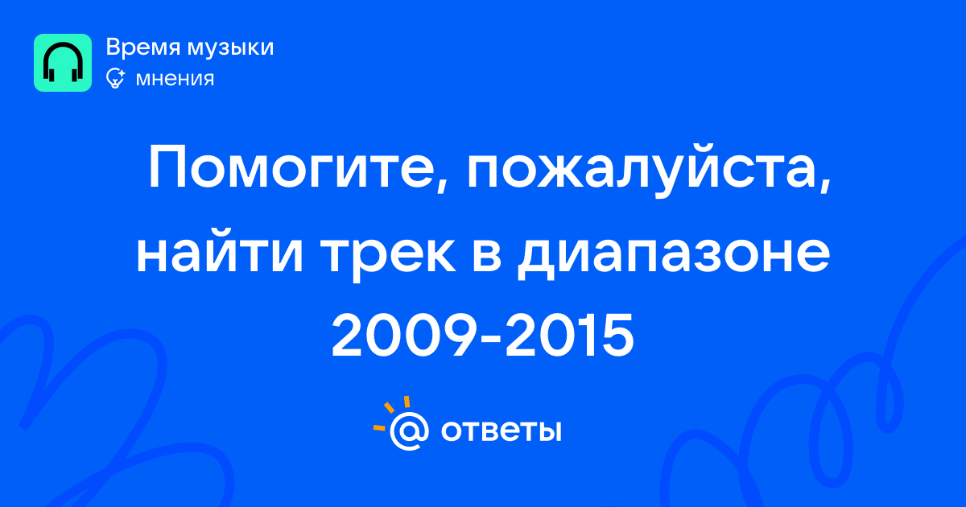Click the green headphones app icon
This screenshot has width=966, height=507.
(63, 63)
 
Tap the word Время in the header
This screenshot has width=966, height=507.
(142, 47)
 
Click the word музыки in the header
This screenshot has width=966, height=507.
(231, 48)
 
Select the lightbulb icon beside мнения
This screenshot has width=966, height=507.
(116, 78)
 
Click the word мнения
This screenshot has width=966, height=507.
(175, 79)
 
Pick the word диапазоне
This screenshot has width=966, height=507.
(673, 256)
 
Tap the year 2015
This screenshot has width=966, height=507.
(570, 336)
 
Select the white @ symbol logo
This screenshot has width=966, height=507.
(409, 431)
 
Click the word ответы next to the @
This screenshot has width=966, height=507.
(501, 431)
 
